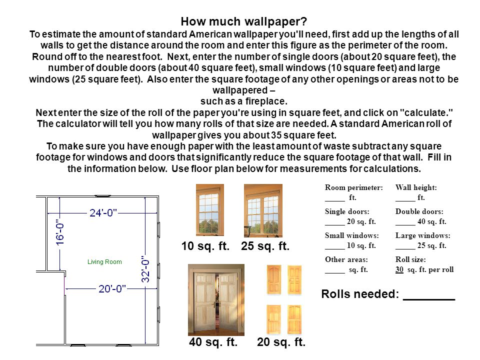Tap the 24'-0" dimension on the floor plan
tap(103, 212)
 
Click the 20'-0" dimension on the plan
tap(112, 288)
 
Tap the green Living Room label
tap(104, 262)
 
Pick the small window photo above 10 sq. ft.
tap(210, 210)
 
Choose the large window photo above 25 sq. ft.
tap(263, 210)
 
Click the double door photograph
tap(216, 300)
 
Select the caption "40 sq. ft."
tap(213, 342)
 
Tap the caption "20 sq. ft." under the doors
tap(281, 342)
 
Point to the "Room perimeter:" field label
tap(353, 188)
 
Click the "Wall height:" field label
tap(416, 188)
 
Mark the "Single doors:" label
tap(347, 212)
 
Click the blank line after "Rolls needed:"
tap(428, 294)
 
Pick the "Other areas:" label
tap(346, 260)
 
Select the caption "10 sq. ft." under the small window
tap(205, 246)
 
